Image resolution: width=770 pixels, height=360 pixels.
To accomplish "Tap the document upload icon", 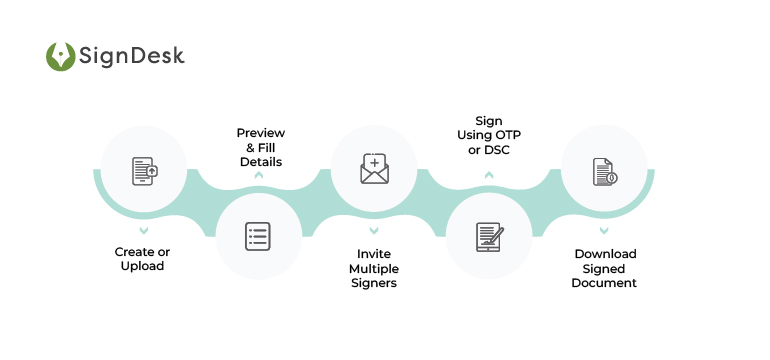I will point(145,171).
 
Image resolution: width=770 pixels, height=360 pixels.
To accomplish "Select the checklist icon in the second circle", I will point(259,236).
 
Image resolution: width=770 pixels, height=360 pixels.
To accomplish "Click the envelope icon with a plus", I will point(374,170).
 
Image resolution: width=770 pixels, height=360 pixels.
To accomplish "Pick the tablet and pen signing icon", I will point(489,236).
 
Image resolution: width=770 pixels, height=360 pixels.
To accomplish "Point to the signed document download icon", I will point(604,171).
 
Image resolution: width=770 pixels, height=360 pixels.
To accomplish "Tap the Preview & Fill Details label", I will point(260,147).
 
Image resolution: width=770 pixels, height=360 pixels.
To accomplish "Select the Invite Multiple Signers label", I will point(373,268).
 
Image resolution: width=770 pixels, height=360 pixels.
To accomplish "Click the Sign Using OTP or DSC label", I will point(489,135).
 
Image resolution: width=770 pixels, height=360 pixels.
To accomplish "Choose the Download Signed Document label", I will point(604,268).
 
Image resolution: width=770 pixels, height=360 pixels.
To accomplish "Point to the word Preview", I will point(260,133).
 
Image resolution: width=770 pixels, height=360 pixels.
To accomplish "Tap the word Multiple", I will point(373,268).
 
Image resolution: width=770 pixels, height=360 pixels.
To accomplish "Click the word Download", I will point(604,254).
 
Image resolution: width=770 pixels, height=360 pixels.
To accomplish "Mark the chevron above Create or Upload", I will point(145,230).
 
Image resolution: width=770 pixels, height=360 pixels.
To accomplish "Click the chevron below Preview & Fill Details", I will point(259,176).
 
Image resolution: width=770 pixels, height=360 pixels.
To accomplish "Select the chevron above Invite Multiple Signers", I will point(374,230).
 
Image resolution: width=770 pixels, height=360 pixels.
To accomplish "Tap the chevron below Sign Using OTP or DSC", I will point(489,176).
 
